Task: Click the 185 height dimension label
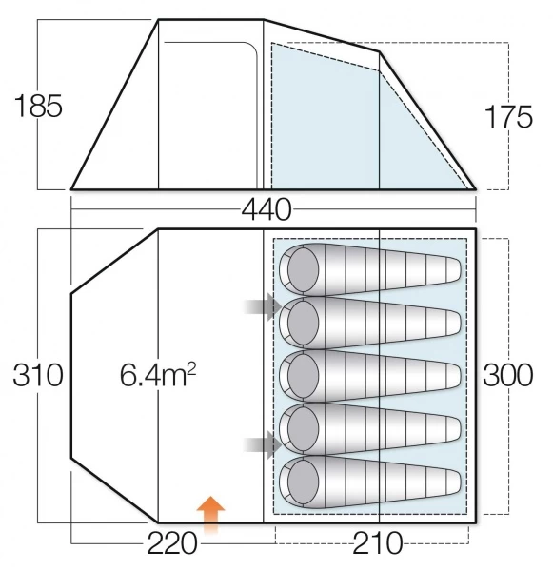tap(38, 106)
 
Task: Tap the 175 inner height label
tap(508, 116)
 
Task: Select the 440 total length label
tap(267, 210)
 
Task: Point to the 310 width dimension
tap(38, 375)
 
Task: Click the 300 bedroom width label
tap(508, 375)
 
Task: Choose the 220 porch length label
tap(172, 543)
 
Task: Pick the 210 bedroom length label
tap(378, 543)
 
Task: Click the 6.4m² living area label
tap(158, 375)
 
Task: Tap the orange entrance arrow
tap(210, 515)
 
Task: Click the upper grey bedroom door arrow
tap(263, 307)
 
